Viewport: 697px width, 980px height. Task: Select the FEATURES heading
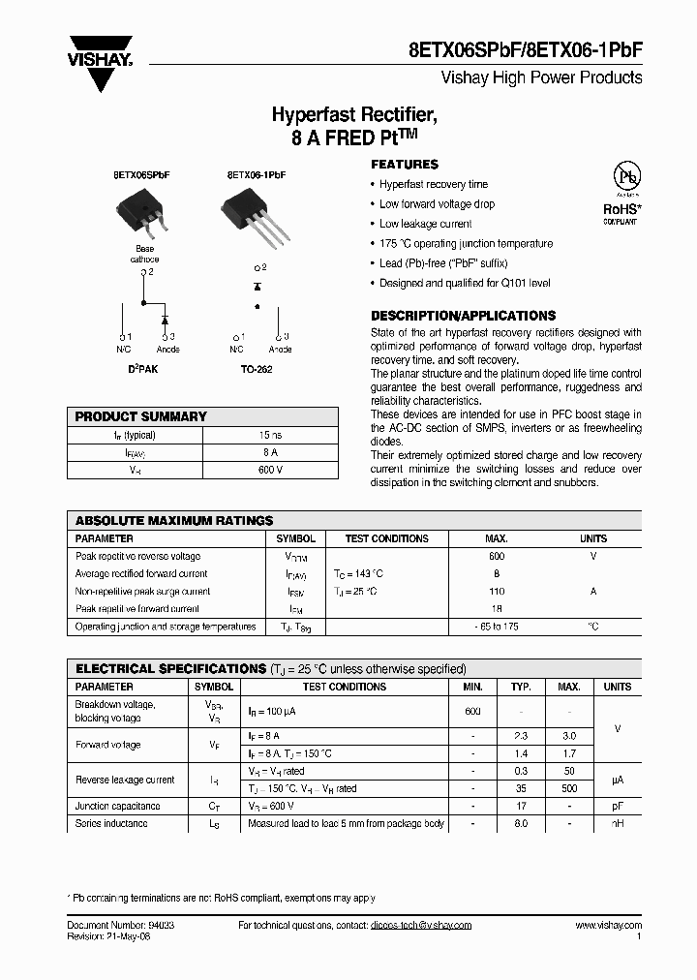pyautogui.click(x=405, y=165)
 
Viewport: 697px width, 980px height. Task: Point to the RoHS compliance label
pyautogui.click(x=621, y=208)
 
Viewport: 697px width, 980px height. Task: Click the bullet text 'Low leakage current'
pyautogui.click(x=425, y=224)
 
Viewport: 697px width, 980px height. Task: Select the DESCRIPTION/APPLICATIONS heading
pyautogui.click(x=464, y=316)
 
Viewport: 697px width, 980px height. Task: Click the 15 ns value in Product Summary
pyautogui.click(x=270, y=435)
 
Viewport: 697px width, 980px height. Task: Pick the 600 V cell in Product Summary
pyautogui.click(x=270, y=470)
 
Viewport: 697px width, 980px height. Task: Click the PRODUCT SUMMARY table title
pyautogui.click(x=141, y=416)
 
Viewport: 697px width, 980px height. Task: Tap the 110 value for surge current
pyautogui.click(x=498, y=591)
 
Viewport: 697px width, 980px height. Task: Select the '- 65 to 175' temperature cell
pyautogui.click(x=498, y=627)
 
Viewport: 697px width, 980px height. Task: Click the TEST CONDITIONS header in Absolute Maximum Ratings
pyautogui.click(x=387, y=538)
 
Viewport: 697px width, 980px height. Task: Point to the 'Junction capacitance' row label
pyautogui.click(x=118, y=806)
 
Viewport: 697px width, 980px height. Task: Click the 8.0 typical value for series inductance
pyautogui.click(x=521, y=823)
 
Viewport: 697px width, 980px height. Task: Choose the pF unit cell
pyautogui.click(x=617, y=806)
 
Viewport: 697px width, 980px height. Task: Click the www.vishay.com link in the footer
pyautogui.click(x=608, y=926)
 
